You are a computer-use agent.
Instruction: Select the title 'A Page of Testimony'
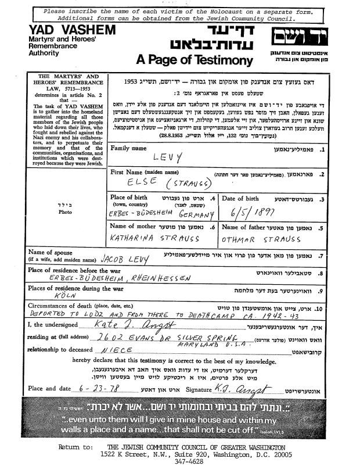click(x=195, y=60)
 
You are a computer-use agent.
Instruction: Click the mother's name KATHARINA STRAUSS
click(x=154, y=238)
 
